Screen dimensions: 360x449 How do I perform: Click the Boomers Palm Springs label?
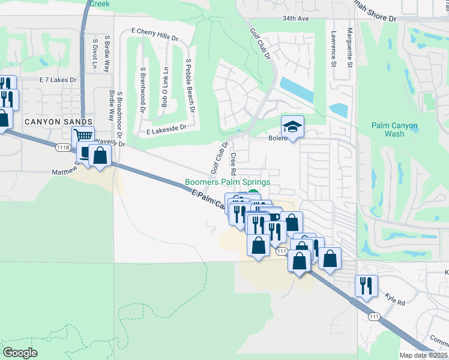click(228, 182)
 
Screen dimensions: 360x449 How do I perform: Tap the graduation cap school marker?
click(292, 127)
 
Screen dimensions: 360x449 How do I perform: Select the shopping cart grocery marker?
click(83, 137)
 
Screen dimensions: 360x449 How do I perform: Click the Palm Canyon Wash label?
click(394, 130)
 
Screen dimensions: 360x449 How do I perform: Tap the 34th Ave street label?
click(296, 19)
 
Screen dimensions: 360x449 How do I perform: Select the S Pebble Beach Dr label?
click(190, 86)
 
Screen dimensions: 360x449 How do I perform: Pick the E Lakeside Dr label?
click(166, 128)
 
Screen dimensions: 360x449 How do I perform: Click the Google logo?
click(20, 352)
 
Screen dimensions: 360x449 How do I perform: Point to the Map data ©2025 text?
click(424, 355)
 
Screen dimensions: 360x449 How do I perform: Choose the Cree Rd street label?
click(234, 164)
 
